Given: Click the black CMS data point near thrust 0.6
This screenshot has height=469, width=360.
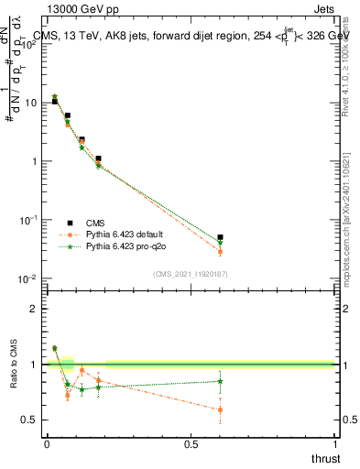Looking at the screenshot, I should [220, 237].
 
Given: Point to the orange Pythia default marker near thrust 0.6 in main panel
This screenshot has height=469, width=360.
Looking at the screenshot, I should [220, 251].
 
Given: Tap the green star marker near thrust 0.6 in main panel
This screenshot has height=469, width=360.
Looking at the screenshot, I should [220, 243].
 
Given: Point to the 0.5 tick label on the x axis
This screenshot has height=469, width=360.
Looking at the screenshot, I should [191, 444].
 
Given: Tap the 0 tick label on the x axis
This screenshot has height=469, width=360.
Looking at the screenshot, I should [47, 444].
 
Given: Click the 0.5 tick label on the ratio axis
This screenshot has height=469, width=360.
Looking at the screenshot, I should [29, 420].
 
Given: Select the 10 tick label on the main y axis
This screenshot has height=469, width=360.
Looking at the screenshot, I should [29, 103].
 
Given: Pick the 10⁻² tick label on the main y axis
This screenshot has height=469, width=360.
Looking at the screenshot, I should [27, 278].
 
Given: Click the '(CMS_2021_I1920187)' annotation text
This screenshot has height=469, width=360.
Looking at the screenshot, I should [190, 274].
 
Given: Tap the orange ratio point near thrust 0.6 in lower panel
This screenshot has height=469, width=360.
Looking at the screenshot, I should [220, 409].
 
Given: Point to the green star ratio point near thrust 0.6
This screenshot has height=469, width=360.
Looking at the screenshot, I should [220, 381].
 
